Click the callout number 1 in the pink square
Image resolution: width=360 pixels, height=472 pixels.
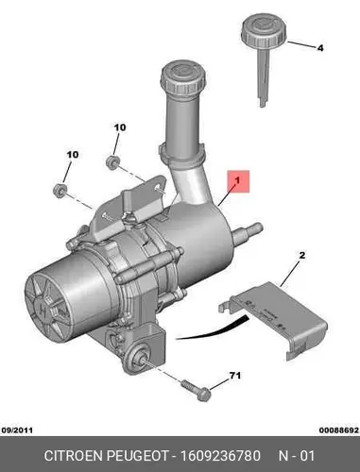pyautogui.click(x=238, y=180)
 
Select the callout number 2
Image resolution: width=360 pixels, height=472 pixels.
pyautogui.click(x=302, y=255)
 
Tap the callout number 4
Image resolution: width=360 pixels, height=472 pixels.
pyautogui.click(x=320, y=48)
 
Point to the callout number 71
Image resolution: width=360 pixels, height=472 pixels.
pyautogui.click(x=235, y=376)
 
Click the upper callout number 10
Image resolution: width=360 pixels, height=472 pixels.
pyautogui.click(x=120, y=127)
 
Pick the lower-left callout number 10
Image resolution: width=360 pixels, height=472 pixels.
pyautogui.click(x=73, y=155)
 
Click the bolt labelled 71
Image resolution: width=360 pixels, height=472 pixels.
pyautogui.click(x=196, y=390)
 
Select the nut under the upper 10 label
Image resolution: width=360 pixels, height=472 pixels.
pyautogui.click(x=112, y=162)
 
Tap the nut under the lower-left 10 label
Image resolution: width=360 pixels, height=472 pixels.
pyautogui.click(x=60, y=191)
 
